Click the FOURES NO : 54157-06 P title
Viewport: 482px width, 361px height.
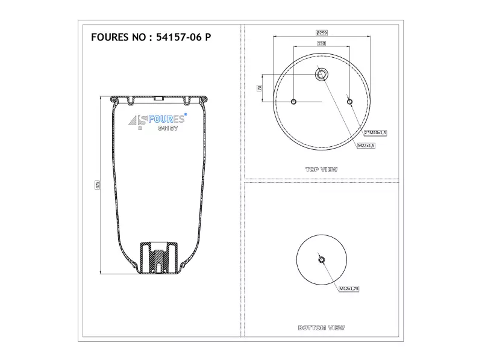151,37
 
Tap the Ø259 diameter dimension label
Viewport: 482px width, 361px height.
322,32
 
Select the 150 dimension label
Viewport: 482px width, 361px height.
321,43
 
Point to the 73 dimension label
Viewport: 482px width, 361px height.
259,88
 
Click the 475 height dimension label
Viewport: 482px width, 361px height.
97,185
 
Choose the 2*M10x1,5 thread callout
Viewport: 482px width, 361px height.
375,132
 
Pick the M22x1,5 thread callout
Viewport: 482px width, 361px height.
366,145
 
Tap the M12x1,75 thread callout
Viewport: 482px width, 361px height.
349,289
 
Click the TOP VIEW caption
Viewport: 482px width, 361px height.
322,170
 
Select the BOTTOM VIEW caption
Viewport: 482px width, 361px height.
322,328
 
